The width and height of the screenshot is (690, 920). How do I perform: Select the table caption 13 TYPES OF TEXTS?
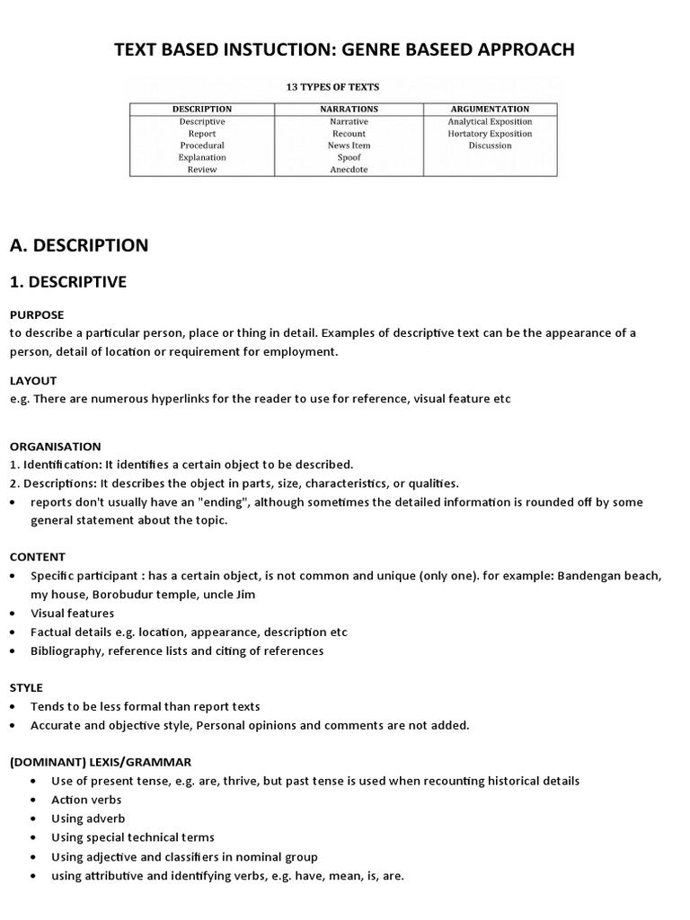tap(332, 87)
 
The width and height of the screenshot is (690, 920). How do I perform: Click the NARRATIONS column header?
tap(349, 109)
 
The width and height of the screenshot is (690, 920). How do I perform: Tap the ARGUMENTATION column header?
tap(490, 109)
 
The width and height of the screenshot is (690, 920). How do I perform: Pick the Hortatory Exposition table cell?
tap(490, 133)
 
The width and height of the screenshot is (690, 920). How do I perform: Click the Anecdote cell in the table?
tap(349, 169)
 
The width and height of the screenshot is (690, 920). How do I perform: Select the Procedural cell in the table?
tap(202, 145)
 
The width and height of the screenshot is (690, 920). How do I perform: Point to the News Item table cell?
tap(349, 145)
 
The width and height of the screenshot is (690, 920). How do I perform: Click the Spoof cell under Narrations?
tap(349, 157)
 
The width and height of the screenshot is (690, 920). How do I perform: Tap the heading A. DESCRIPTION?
tap(79, 245)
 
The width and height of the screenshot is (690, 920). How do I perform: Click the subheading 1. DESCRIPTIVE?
tap(68, 282)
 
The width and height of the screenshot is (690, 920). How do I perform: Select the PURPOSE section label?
tap(37, 315)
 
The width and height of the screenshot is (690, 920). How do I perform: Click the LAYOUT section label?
tap(33, 381)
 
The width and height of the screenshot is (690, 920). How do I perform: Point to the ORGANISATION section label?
tap(56, 447)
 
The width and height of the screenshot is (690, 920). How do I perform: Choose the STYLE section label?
tap(26, 687)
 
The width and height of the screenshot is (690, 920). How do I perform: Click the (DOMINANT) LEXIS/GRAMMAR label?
tap(100, 762)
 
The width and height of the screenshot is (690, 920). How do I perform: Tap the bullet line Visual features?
tap(73, 613)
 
